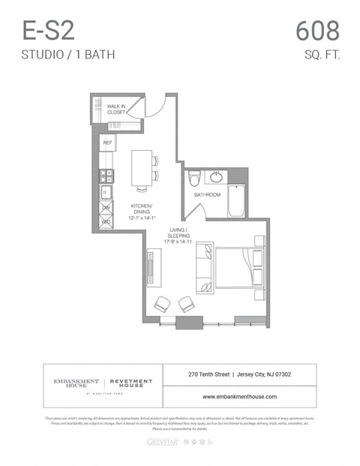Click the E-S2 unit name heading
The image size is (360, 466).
[x=49, y=32]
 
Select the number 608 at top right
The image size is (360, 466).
[x=317, y=32]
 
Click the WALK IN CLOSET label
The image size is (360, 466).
[x=115, y=110]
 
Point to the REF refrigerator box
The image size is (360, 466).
[x=106, y=141]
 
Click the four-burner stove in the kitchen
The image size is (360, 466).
[x=106, y=176]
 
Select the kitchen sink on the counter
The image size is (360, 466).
[x=106, y=193]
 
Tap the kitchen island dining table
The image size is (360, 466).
[x=142, y=168]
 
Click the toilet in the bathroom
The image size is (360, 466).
[x=193, y=179]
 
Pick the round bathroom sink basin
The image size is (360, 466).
[x=217, y=178]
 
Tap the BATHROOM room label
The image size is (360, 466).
[x=208, y=195]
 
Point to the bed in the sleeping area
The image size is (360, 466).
[x=238, y=269]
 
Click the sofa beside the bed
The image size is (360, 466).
[x=204, y=268]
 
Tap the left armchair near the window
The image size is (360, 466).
[x=161, y=303]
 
